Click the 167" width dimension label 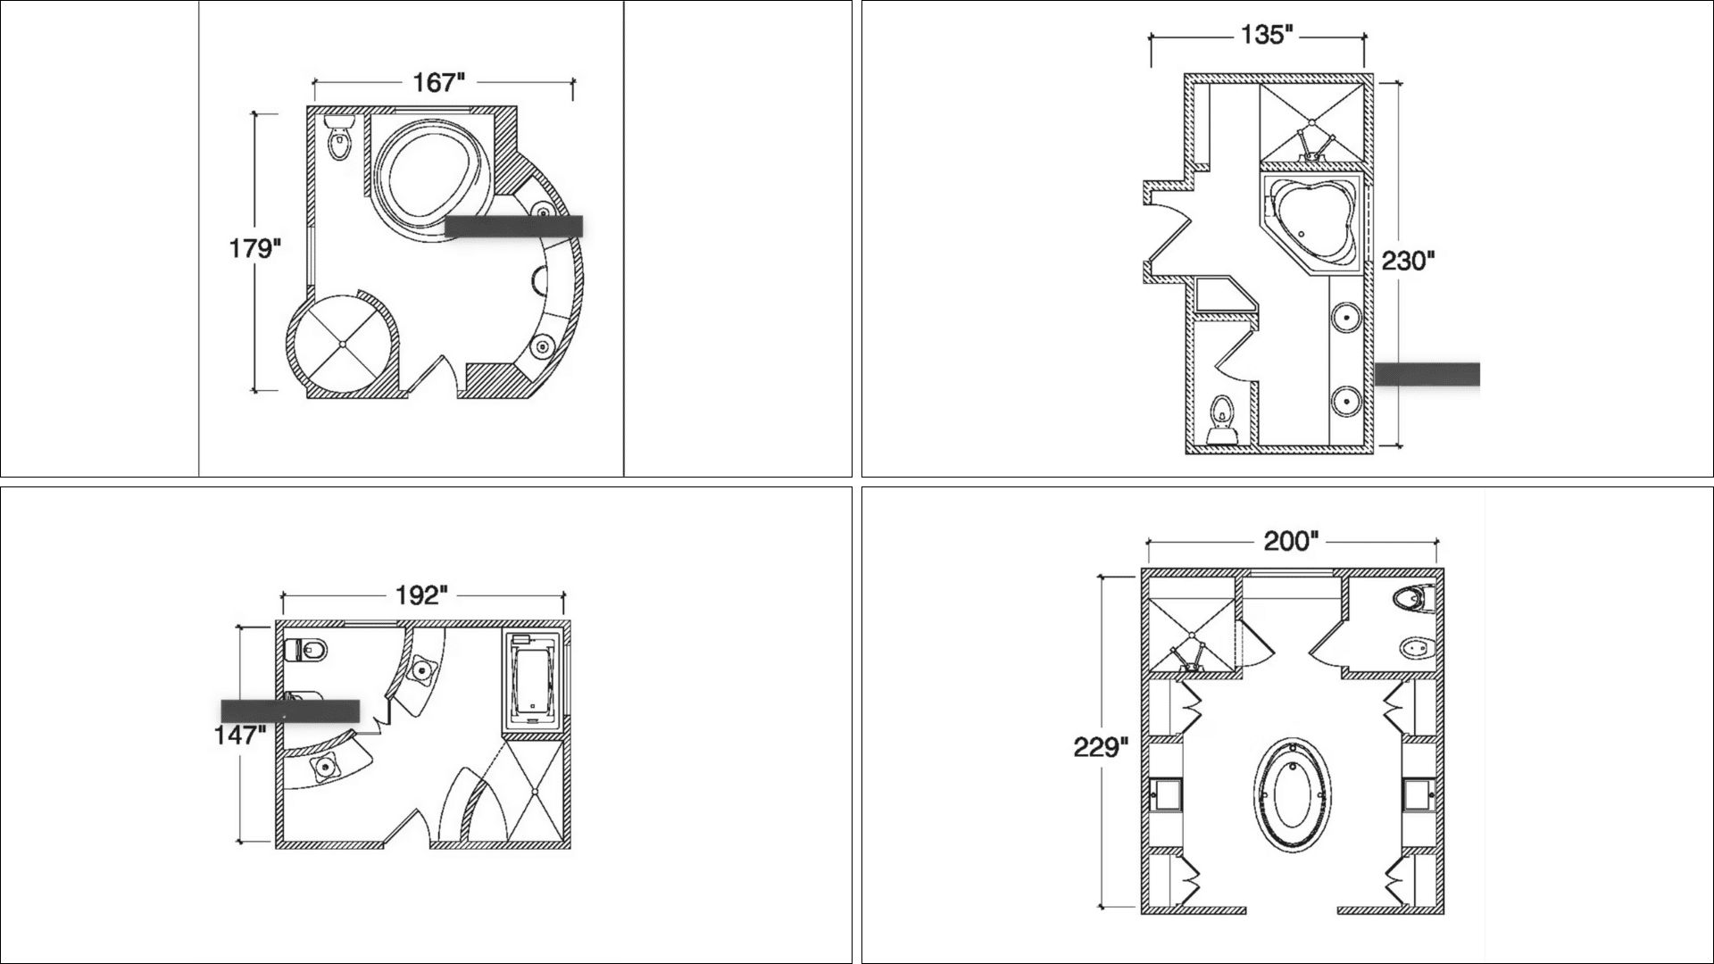(x=438, y=83)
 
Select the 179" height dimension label (x=254, y=248)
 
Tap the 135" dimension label (x=1267, y=36)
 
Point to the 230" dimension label (x=1408, y=262)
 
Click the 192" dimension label (x=420, y=595)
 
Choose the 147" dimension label (x=239, y=735)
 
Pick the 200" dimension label (x=1291, y=542)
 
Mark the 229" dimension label (x=1102, y=747)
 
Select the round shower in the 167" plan (x=340, y=345)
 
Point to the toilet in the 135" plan (x=1222, y=420)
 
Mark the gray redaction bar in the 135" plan (x=1427, y=374)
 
